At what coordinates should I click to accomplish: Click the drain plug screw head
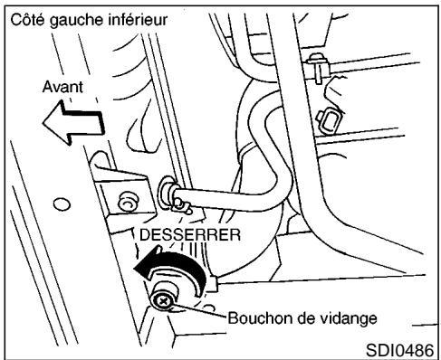tap(163, 299)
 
